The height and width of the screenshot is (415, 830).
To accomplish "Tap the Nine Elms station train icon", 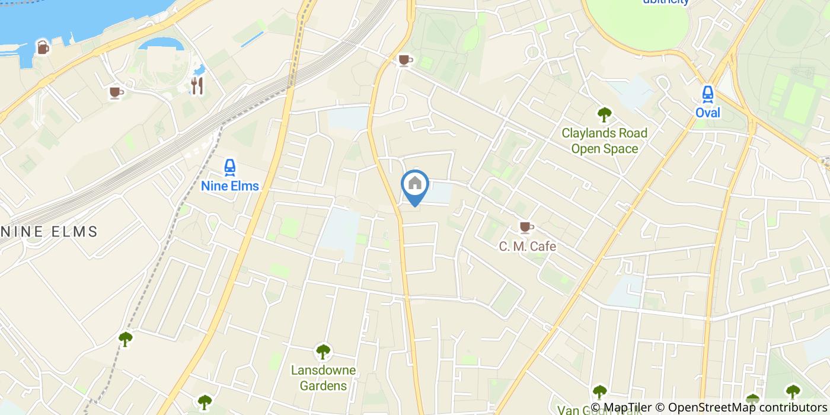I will coord(230,168).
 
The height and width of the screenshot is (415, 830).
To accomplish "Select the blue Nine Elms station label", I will coord(230,186).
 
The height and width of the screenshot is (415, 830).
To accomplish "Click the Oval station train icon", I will coord(707,94).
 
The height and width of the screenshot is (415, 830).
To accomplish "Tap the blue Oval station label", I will coord(708,112).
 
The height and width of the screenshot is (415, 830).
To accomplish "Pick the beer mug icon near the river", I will coord(43,47).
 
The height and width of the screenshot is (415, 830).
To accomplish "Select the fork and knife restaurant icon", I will coord(197,86).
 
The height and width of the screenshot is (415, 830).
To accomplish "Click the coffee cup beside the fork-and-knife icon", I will coord(116,92).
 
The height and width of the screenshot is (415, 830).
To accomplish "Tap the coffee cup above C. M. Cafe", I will coord(526,227).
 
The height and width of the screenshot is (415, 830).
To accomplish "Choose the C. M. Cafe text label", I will coord(527,246).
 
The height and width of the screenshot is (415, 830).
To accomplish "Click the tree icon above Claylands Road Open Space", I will coord(604,114).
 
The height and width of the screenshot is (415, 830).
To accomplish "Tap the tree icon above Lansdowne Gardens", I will coord(323,352).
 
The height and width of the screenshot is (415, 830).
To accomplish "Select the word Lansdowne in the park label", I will coord(323,371).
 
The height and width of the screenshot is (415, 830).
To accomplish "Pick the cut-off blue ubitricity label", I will coord(666,2).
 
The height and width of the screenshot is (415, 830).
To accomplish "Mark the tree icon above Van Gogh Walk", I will coord(599,392).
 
